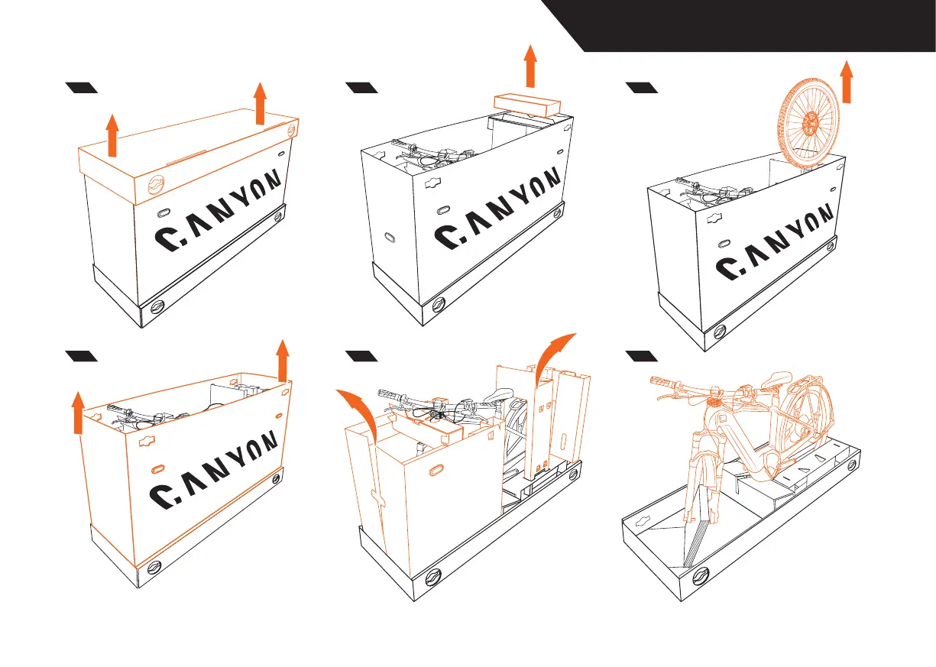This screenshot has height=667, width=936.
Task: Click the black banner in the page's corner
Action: coord(756,25)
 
